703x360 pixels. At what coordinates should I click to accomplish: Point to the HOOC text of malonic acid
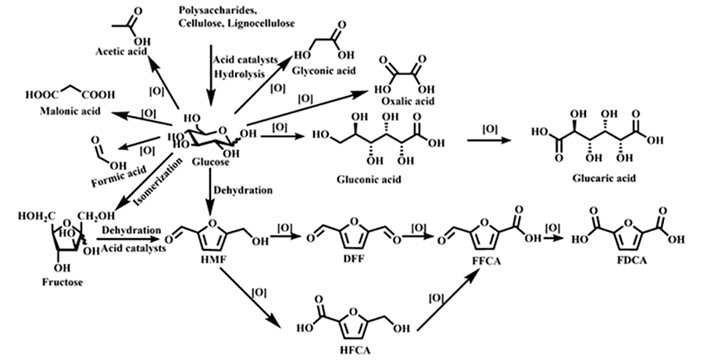coord(41,94)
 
